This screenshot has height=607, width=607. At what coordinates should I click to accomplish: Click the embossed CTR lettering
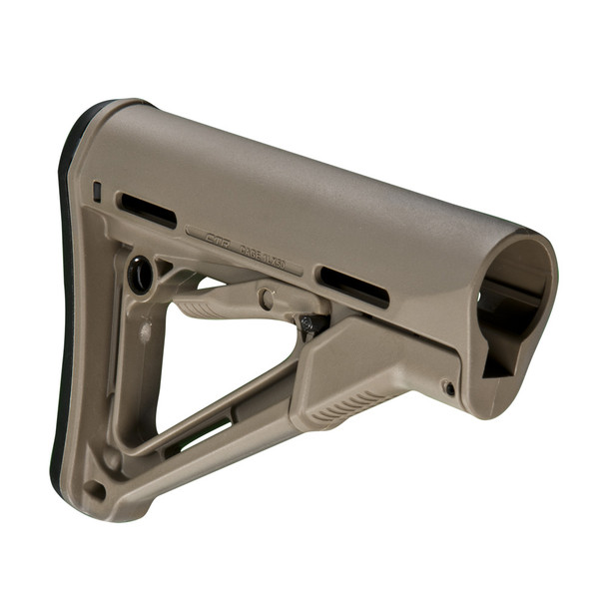[x=217, y=238]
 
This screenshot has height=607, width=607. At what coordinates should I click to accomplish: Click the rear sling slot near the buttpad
[x=147, y=211]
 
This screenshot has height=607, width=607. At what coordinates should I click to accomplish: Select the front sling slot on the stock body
[x=352, y=286]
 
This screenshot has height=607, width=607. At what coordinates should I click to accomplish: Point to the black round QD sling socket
[x=141, y=275]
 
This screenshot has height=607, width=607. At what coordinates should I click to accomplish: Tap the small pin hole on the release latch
[x=448, y=387]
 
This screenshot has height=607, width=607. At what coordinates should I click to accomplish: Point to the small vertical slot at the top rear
[x=97, y=190]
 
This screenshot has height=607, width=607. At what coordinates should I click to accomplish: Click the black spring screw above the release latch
[x=310, y=323]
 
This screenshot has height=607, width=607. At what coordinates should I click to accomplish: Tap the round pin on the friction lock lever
[x=266, y=298]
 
